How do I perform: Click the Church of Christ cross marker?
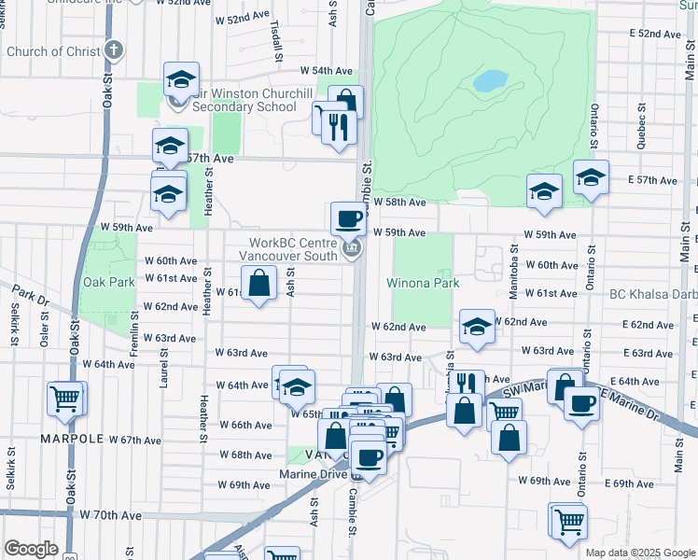[x=114, y=50]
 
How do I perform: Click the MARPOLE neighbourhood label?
[x=70, y=438]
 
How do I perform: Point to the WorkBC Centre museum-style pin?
[x=352, y=248]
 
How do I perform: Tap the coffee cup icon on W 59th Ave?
[x=348, y=219]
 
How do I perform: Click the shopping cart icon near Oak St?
[x=66, y=399]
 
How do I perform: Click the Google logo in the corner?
[x=31, y=549]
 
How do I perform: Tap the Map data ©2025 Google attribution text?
[x=640, y=553]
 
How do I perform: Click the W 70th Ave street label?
[x=110, y=515]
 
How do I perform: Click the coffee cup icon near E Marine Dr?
[x=581, y=403]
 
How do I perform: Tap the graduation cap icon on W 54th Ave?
[x=181, y=79]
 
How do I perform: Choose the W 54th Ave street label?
[x=326, y=71]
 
